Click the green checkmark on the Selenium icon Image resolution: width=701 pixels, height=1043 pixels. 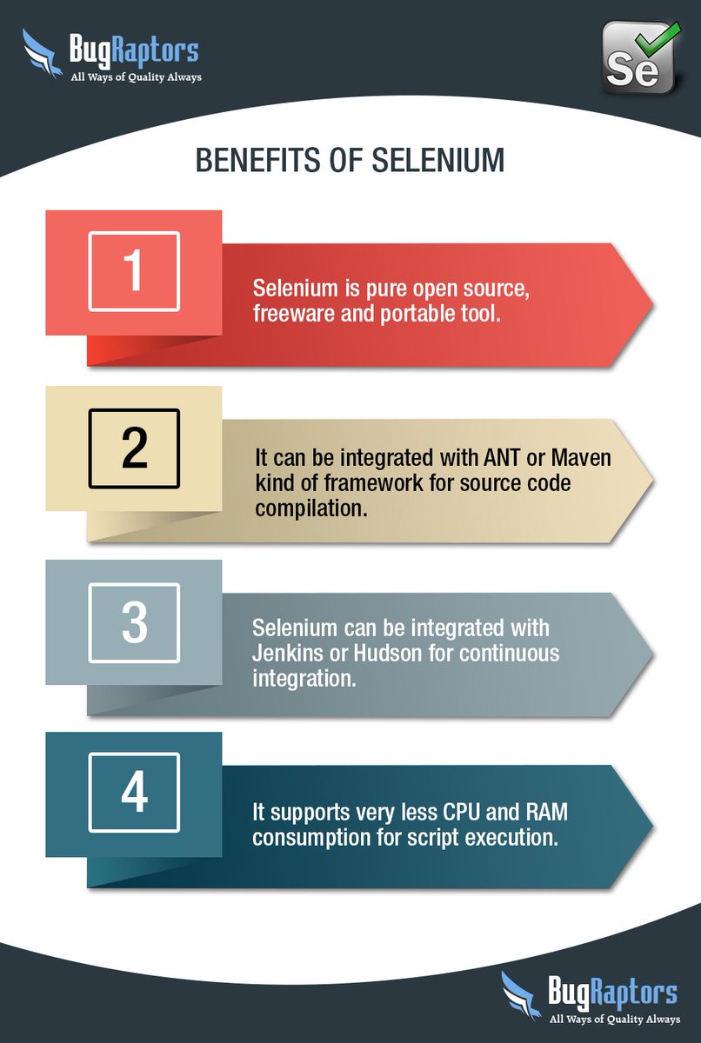point(654,40)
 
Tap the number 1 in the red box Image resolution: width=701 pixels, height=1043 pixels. point(134,272)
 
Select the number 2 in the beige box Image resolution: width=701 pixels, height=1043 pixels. point(134,448)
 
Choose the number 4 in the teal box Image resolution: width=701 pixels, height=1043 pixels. point(134,793)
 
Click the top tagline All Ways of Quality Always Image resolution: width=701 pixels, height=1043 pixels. point(136,77)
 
